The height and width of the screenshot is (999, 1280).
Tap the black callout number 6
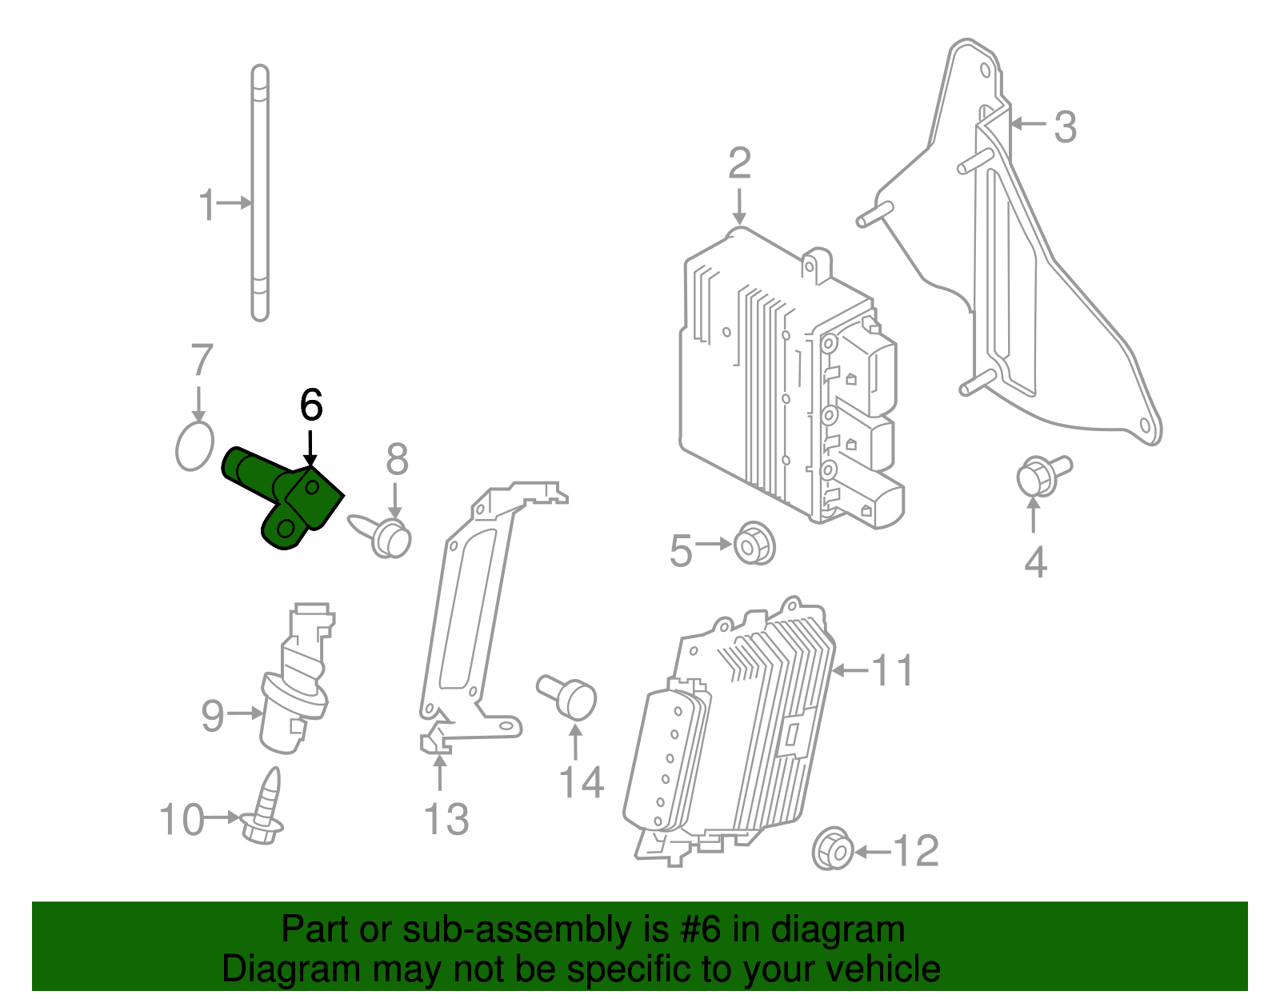tap(310, 405)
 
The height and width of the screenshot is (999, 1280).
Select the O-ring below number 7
tap(194, 446)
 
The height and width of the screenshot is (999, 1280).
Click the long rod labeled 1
tap(260, 192)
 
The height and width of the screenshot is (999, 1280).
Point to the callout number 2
tap(739, 163)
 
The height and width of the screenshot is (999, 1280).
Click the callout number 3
tap(1064, 126)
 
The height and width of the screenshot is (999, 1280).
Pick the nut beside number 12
tap(833, 849)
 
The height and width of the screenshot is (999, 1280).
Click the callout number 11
tap(892, 670)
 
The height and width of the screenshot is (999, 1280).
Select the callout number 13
tap(446, 819)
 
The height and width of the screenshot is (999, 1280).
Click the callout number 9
tap(213, 714)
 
